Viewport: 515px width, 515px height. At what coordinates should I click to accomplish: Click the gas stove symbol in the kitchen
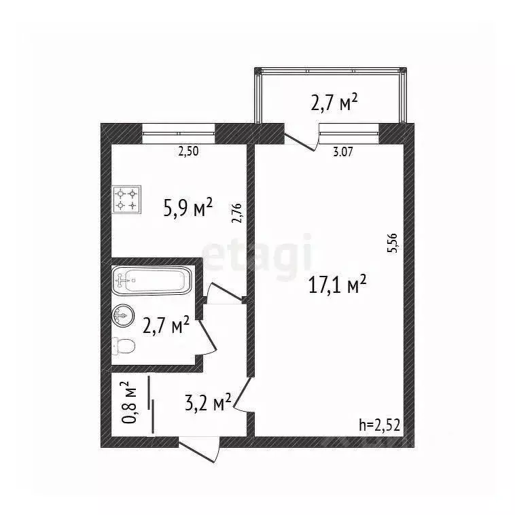pyautogui.click(x=127, y=200)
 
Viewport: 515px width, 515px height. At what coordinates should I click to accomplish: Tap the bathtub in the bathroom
pyautogui.click(x=152, y=280)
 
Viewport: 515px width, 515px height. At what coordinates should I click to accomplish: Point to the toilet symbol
pyautogui.click(x=124, y=346)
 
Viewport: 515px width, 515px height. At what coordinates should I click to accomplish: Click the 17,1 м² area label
pyautogui.click(x=337, y=285)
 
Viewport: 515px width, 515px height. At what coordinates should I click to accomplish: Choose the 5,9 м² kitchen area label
pyautogui.click(x=188, y=208)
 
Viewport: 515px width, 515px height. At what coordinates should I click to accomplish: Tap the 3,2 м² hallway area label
pyautogui.click(x=208, y=403)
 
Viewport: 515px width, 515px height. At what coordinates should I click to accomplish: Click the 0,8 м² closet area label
pyautogui.click(x=129, y=403)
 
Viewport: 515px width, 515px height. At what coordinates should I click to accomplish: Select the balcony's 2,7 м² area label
pyautogui.click(x=334, y=103)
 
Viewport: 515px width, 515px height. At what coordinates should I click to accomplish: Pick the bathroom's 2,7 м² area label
pyautogui.click(x=166, y=325)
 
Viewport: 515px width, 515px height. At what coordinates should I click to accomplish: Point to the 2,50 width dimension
pyautogui.click(x=188, y=152)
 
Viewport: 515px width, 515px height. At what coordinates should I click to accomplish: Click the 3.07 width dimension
pyautogui.click(x=343, y=152)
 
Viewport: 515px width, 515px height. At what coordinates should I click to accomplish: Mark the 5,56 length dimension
pyautogui.click(x=393, y=243)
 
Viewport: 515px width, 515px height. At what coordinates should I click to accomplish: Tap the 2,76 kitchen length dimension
pyautogui.click(x=237, y=213)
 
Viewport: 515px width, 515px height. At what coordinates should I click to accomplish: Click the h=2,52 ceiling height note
pyautogui.click(x=379, y=426)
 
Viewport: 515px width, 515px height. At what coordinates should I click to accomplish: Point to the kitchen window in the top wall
pyautogui.click(x=178, y=133)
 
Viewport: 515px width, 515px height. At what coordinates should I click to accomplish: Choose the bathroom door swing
pyautogui.click(x=208, y=338)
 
